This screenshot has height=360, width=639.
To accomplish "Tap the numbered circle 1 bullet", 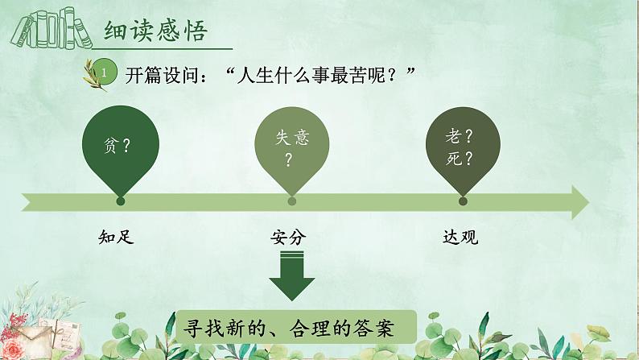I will pyautogui.click(x=105, y=72).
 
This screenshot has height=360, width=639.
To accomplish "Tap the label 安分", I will pyautogui.click(x=289, y=237).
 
